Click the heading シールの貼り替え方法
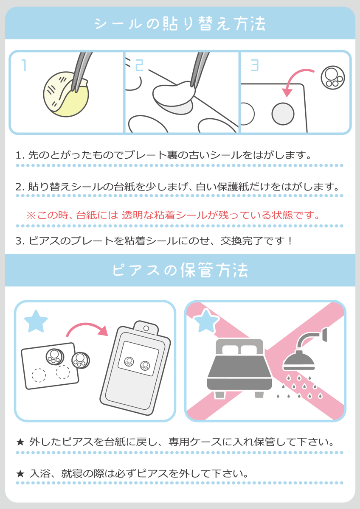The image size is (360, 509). (180, 23)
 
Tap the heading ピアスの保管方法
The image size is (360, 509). (180, 270)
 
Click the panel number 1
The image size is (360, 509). (24, 65)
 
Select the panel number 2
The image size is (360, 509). (139, 65)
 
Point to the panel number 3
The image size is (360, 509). (255, 65)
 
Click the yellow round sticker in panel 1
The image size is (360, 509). (66, 95)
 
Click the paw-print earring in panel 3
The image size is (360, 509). (333, 78)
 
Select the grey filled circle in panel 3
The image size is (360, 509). (283, 114)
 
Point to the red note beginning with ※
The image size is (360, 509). (173, 215)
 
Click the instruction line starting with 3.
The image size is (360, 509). (154, 241)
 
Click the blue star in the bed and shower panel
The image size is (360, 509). (206, 321)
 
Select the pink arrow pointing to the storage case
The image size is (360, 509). (87, 329)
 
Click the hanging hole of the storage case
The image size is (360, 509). (146, 328)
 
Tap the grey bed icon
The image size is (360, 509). (240, 368)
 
